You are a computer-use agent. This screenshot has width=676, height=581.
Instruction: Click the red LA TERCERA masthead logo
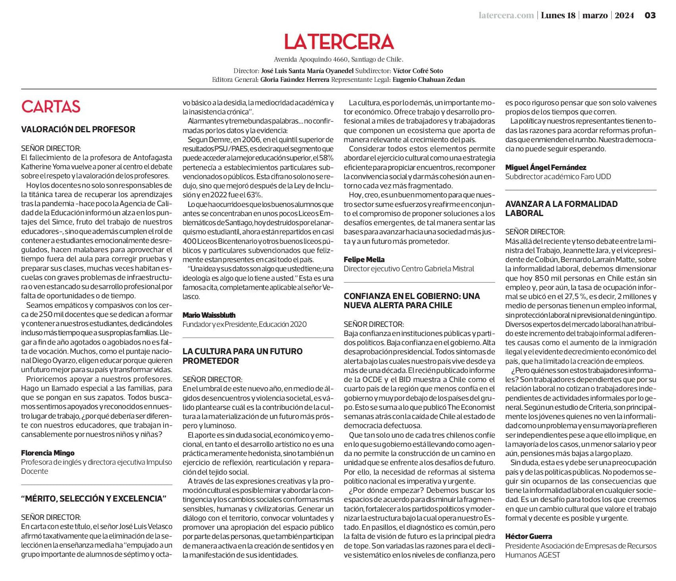339,42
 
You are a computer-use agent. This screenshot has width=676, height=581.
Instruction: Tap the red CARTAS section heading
51,106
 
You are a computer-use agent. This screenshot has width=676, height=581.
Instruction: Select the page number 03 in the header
650,15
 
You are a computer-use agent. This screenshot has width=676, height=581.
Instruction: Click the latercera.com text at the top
506,15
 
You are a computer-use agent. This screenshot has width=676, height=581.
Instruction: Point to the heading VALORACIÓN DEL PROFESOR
78,129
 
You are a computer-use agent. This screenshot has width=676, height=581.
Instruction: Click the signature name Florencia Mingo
48,453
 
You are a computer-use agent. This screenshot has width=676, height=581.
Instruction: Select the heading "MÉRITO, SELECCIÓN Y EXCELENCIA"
94,499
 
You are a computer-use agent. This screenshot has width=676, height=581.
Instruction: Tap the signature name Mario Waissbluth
209,315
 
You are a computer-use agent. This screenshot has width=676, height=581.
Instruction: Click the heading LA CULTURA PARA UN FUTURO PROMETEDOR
242,356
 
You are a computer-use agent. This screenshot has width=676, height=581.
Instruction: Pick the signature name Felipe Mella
364,259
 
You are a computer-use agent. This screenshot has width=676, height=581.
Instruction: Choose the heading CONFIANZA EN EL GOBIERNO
412,301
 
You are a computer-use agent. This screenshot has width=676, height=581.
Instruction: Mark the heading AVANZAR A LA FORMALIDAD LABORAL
561,208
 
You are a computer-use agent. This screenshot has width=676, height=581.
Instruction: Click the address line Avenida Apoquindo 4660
338,59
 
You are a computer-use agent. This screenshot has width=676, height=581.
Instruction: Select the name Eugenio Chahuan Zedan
428,79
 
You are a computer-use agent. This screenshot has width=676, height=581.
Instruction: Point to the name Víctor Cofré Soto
418,71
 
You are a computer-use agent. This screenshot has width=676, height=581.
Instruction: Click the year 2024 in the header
624,15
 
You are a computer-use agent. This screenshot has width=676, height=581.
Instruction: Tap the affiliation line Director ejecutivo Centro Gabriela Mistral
409,268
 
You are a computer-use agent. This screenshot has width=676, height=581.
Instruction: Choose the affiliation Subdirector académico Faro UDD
558,176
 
